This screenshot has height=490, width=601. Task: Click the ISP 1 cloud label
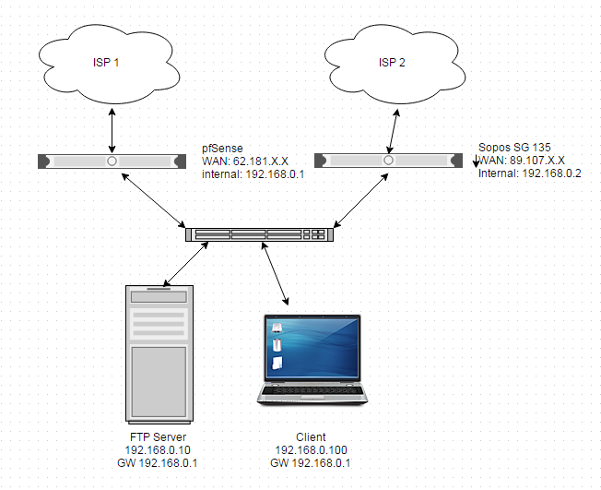[106, 62]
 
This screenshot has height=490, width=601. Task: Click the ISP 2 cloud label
[392, 62]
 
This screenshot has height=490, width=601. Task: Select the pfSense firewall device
[112, 161]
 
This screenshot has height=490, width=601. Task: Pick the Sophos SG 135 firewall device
[388, 161]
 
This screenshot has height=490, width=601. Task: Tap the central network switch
[260, 234]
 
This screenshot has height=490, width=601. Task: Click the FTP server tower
[159, 354]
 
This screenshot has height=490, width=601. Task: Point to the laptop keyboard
[312, 390]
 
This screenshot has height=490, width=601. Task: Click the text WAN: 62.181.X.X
[245, 161]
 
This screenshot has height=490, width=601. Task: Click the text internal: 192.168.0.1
[253, 174]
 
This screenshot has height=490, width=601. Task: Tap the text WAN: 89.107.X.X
[522, 160]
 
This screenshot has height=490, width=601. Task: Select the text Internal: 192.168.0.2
[530, 173]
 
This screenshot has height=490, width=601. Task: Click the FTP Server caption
[158, 437]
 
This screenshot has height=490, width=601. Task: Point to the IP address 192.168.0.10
[158, 449]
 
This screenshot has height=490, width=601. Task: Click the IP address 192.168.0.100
[311, 449]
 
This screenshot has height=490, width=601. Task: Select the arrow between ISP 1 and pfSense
[112, 130]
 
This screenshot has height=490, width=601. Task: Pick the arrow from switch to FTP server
[186, 264]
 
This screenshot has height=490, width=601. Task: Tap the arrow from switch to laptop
[275, 273]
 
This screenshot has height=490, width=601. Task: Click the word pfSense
[222, 149]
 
